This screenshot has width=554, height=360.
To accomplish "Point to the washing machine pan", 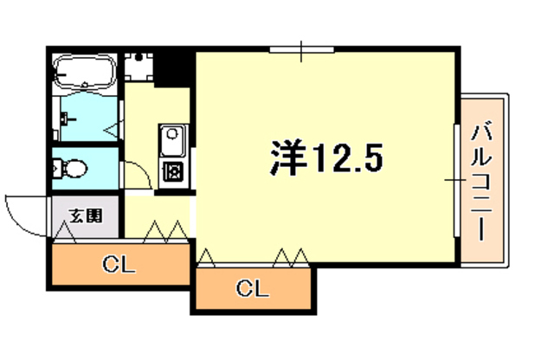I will (x=138, y=66).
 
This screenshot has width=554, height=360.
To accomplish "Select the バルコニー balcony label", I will (x=483, y=183).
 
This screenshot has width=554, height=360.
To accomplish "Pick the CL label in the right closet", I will (x=251, y=288).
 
